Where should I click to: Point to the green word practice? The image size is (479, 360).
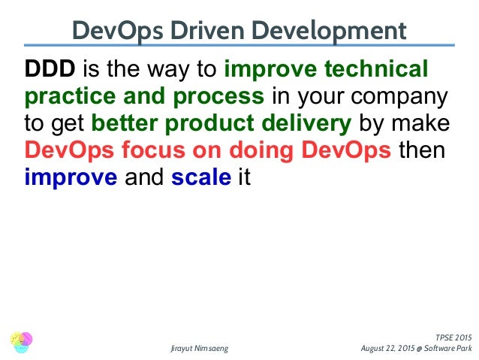point(62,98)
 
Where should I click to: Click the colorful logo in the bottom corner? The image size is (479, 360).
point(23,343)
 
